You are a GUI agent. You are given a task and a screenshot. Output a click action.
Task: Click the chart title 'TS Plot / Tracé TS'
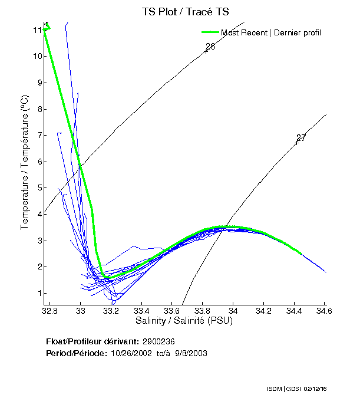point(185,11)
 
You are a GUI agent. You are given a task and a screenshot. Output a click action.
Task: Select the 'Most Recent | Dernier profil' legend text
point(271,32)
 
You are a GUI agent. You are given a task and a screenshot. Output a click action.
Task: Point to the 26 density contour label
point(210,47)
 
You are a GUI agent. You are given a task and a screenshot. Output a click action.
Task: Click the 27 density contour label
point(301,138)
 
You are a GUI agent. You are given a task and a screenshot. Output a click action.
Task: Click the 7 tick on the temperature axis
point(38,136)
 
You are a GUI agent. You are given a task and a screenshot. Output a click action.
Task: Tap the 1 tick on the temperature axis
point(38,294)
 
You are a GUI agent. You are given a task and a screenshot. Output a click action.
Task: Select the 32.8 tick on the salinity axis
point(51,310)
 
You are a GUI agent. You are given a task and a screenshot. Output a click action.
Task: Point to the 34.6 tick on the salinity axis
point(324,310)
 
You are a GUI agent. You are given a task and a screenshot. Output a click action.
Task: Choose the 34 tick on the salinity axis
point(233,310)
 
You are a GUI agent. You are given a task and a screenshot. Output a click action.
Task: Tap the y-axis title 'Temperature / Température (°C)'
point(25,163)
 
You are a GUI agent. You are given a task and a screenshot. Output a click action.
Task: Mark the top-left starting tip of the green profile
point(45,24)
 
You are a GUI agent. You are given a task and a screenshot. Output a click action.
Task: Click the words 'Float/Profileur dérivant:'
point(92,342)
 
